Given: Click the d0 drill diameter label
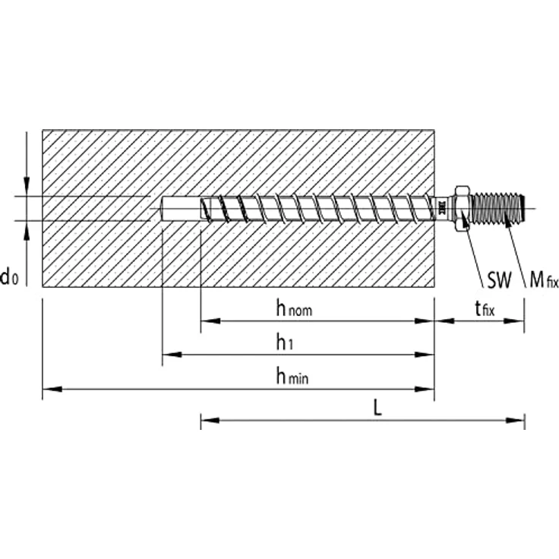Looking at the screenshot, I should point(10,278).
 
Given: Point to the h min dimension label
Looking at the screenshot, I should point(292,375).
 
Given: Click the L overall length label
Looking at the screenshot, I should point(377,407).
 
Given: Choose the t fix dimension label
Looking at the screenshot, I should point(484,308).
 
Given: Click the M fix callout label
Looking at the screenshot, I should point(543,282).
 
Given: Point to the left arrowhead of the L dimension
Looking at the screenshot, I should point(207,418).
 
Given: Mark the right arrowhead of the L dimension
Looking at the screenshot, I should point(519,418).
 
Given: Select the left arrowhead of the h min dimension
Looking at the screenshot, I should point(49,389).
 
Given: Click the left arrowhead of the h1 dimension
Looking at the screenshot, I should point(169,355).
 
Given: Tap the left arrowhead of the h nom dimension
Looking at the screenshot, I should point(207,321).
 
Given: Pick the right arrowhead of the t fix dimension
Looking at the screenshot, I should point(519,321).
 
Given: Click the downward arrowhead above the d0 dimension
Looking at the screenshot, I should point(27,191).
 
